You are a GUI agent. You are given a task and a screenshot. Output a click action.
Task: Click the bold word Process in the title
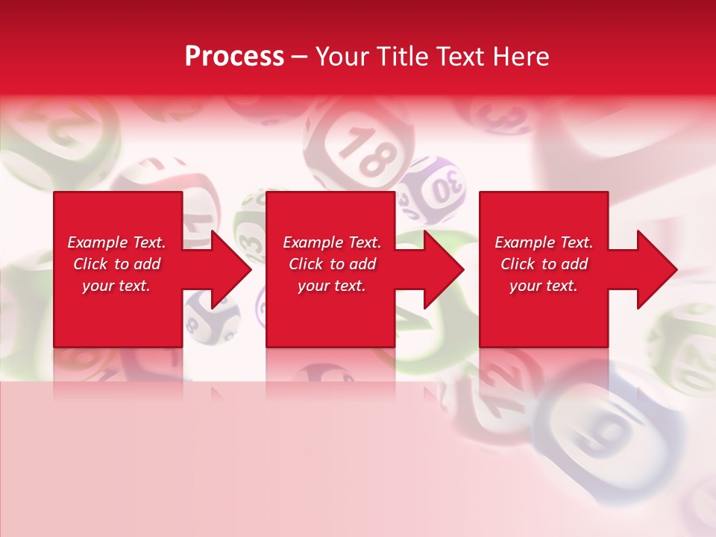click(x=234, y=57)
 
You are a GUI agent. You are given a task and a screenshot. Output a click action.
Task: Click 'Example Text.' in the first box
click(x=116, y=242)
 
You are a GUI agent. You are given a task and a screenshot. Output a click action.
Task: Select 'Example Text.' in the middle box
click(x=332, y=242)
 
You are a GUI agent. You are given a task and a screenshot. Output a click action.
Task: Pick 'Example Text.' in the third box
click(x=544, y=242)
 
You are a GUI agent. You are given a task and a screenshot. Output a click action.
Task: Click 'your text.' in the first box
click(x=116, y=286)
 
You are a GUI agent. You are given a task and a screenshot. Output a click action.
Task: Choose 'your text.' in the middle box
click(x=332, y=286)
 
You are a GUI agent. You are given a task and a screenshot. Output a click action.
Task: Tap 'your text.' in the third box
click(x=544, y=286)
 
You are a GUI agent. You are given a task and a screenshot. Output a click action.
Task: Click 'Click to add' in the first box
click(x=116, y=264)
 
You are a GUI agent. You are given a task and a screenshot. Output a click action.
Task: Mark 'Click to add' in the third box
click(x=544, y=264)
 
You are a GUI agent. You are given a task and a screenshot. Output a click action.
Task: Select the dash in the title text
click(x=299, y=57)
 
